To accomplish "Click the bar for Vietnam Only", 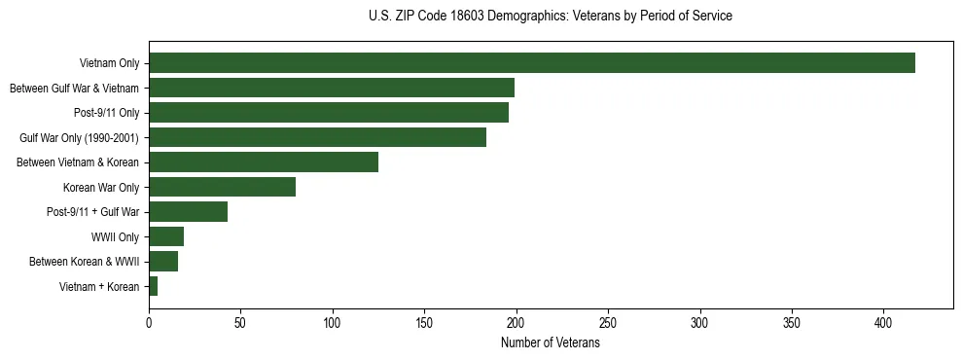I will coord(531,63).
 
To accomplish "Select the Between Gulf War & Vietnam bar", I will coord(331,88).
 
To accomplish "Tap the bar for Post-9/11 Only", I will coord(328,113).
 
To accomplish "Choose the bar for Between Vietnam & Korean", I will coord(263,162).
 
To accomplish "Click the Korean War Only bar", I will coord(222,187).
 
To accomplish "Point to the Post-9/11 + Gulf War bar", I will coord(188,212).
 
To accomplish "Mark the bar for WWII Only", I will coord(166,236).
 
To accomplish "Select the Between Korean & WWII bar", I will coord(163,262).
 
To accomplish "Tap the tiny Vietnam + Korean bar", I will coord(154,286).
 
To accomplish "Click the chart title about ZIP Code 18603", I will coord(551,17).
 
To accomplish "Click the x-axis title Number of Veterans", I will coord(550,343).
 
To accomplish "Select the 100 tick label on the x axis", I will coord(333,322).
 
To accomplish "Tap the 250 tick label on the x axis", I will coord(608,322).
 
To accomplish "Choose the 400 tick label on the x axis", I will coord(883,322).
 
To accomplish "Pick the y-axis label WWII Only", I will coord(115,236).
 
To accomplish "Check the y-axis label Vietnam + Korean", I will coord(99,286).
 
